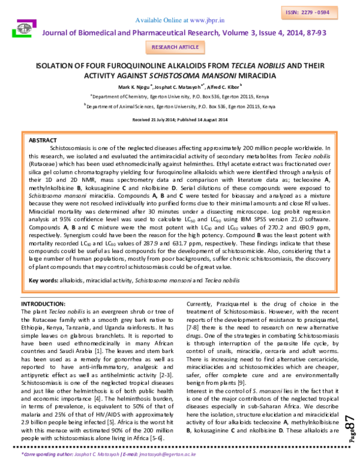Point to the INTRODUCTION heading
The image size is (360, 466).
tap(43, 304)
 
